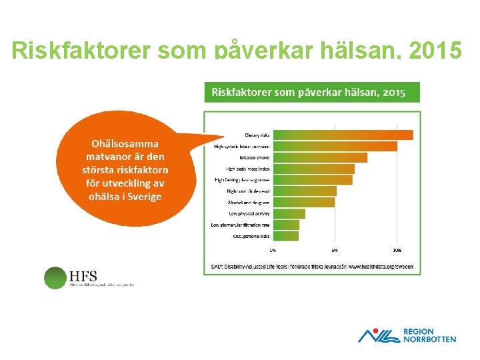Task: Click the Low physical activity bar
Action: [289, 213]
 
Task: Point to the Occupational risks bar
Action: [285, 236]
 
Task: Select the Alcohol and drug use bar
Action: [303, 202]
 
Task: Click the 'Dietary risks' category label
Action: [257, 135]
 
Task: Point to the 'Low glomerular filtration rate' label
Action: [240, 225]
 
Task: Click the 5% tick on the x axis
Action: [335, 251]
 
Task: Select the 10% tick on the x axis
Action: [397, 251]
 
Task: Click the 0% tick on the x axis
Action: [273, 251]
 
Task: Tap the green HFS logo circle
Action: [55, 277]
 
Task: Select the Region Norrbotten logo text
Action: [429, 335]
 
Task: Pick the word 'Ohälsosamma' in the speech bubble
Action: [125, 143]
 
